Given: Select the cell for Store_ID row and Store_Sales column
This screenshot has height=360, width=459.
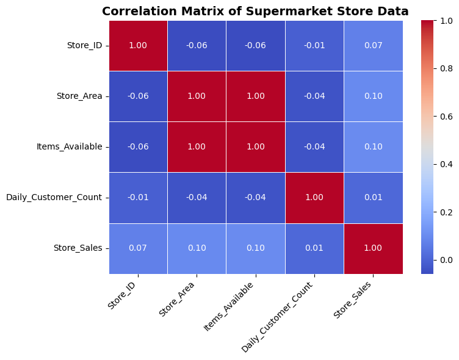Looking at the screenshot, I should click(373, 46).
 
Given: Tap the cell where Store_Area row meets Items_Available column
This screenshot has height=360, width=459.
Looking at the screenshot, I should click(256, 96).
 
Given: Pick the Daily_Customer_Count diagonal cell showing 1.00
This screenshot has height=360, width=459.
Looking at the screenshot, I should click(314, 198).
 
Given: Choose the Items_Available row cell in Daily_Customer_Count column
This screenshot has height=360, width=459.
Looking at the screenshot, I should click(314, 147).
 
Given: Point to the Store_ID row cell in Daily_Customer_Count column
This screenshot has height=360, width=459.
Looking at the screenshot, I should click(314, 46).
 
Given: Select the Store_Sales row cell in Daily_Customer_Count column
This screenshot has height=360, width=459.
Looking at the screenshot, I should click(314, 248).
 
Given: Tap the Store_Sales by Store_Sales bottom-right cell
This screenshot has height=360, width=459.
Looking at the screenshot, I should click(373, 248).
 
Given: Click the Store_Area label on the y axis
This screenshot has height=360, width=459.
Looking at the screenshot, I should click(79, 96).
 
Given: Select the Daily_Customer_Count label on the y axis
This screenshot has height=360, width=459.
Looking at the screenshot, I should click(54, 198).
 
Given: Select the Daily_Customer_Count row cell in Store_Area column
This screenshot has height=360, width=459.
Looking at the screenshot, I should click(197, 198).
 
